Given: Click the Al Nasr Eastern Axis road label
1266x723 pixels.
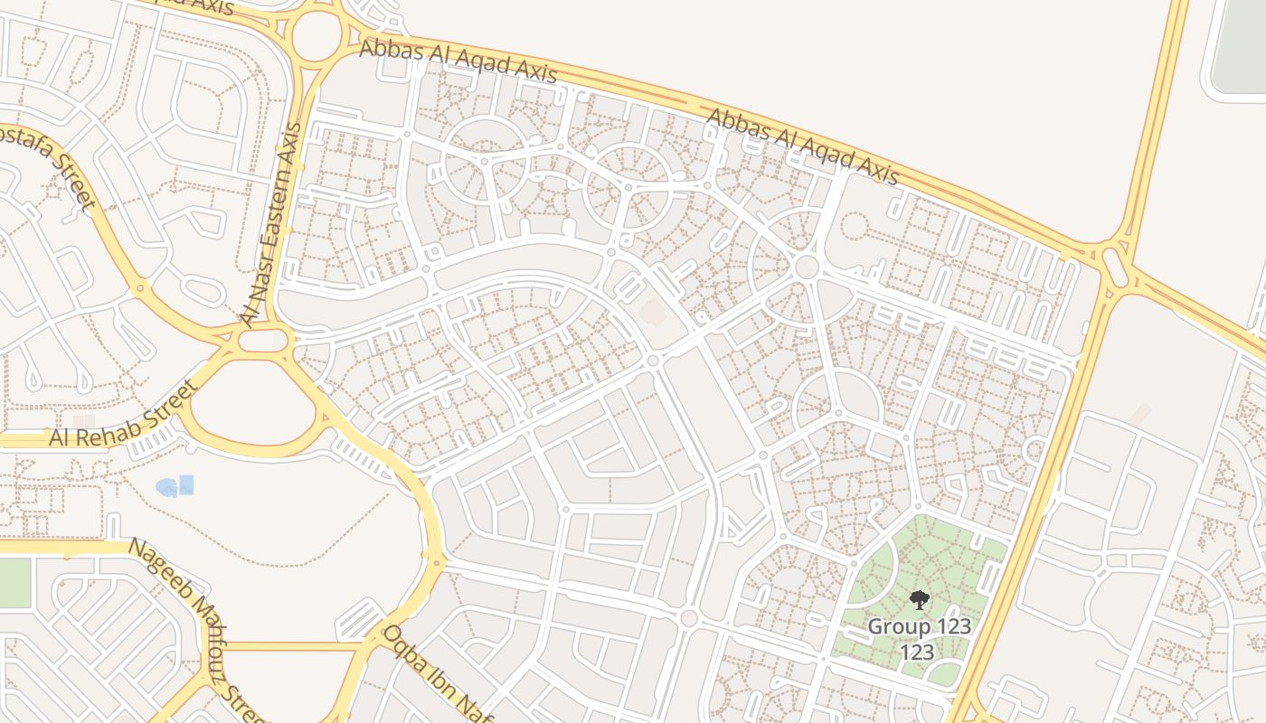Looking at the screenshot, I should click(x=270, y=223).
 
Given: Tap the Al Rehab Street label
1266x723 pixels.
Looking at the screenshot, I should click(x=123, y=413).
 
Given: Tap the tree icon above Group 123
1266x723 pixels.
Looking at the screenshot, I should click(x=919, y=599).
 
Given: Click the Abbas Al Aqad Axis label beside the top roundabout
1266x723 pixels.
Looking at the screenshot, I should click(x=458, y=61).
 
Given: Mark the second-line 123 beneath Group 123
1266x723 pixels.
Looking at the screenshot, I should click(x=917, y=652).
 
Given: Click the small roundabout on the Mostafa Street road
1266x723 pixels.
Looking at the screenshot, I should click(x=139, y=290).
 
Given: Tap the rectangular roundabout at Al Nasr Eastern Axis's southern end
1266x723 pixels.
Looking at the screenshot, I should click(x=263, y=340).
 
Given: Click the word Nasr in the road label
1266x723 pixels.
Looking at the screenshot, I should click(x=255, y=292).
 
